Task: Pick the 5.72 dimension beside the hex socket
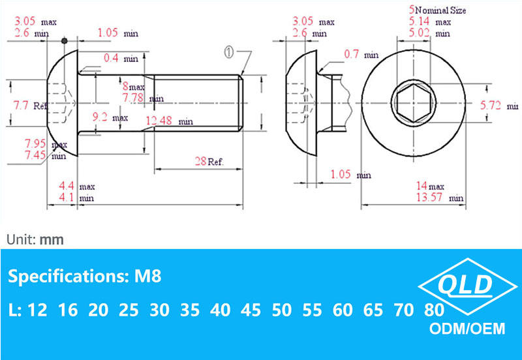coord(499,105)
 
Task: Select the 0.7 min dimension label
coord(361,55)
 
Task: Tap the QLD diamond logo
coord(466,285)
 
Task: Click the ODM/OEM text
coord(467,328)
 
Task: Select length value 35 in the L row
coord(190,310)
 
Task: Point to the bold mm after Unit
coord(52,239)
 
